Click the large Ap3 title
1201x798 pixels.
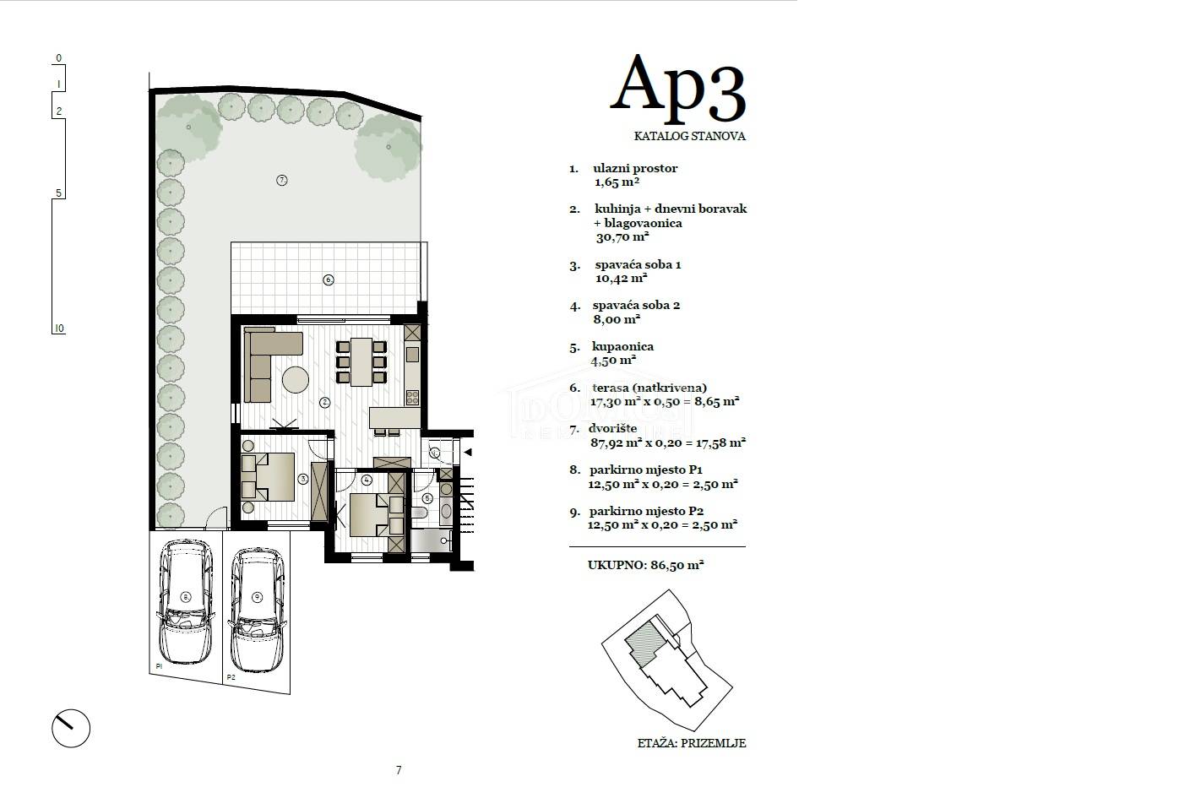tap(677, 89)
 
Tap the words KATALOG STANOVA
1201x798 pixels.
tap(689, 136)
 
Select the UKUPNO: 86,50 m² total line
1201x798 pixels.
tap(645, 565)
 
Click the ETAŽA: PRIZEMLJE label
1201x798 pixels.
tap(692, 743)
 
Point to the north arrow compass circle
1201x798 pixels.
tap(71, 728)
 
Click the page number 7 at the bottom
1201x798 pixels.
tap(399, 770)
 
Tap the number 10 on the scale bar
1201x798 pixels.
tap(59, 328)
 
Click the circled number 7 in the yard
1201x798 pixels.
tap(282, 180)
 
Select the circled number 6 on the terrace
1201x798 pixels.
tap(329, 280)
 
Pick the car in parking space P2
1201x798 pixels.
tap(257, 609)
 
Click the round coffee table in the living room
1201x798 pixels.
tap(296, 379)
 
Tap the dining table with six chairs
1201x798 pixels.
tap(361, 361)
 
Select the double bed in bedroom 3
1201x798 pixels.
tap(268, 476)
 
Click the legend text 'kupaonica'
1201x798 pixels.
tap(622, 347)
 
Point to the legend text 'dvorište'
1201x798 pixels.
tap(612, 428)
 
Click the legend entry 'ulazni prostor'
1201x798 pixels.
tap(635, 168)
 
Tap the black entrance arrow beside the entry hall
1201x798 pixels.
tap(468, 453)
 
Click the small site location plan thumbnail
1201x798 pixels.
tap(667, 660)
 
